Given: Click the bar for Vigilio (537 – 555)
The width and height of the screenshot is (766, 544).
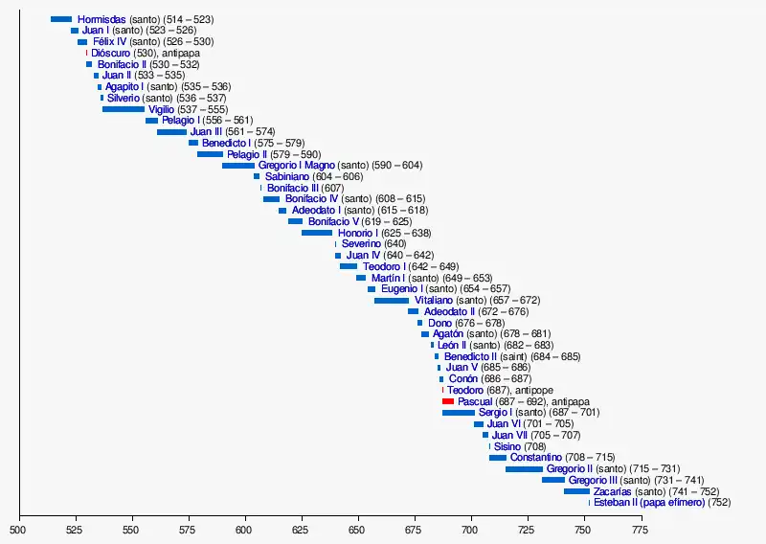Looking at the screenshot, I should pyautogui.click(x=124, y=109).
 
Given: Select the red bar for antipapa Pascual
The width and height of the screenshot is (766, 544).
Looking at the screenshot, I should pyautogui.click(x=448, y=401).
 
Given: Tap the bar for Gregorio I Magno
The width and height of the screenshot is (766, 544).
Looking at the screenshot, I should pyautogui.click(x=238, y=166).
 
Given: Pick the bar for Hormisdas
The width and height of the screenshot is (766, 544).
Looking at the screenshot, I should pyautogui.click(x=61, y=19).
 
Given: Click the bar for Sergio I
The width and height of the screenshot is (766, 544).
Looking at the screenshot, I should pyautogui.click(x=459, y=413).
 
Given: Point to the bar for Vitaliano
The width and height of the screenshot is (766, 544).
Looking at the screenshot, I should pyautogui.click(x=392, y=301).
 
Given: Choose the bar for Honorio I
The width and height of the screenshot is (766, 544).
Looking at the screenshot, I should pyautogui.click(x=317, y=233).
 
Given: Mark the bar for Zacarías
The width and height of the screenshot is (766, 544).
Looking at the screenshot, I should pyautogui.click(x=576, y=491).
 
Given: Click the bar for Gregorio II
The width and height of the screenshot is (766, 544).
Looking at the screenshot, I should pyautogui.click(x=524, y=469).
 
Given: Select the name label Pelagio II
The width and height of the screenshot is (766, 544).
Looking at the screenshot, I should pyautogui.click(x=247, y=154).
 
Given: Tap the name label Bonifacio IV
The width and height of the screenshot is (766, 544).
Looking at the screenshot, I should pyautogui.click(x=312, y=199).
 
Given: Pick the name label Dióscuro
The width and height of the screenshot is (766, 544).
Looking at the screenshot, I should pyautogui.click(x=111, y=54).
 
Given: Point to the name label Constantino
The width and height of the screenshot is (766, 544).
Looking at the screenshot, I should pyautogui.click(x=536, y=458).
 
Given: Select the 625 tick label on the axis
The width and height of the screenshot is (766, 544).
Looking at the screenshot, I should pyautogui.click(x=302, y=528).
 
